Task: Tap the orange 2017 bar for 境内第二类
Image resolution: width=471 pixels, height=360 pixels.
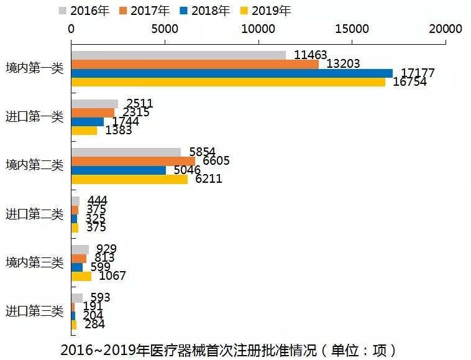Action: click(x=133, y=161)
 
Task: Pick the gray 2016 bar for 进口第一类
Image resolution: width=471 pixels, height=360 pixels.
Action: click(x=94, y=103)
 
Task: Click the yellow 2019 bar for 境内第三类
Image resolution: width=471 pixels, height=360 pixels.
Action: click(x=81, y=276)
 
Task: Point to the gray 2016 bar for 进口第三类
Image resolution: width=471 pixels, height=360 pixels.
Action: click(x=77, y=298)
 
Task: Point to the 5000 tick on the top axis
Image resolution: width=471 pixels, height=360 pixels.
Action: click(x=165, y=29)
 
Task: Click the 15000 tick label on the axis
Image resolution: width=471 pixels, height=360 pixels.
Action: click(x=352, y=29)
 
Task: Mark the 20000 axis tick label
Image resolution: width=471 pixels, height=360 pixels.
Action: click(x=446, y=29)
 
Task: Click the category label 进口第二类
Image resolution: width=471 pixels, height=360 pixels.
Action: click(x=35, y=215)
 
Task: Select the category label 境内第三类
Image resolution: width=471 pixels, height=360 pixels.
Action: click(x=35, y=263)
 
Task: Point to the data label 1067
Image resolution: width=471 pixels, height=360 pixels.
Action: click(x=112, y=276)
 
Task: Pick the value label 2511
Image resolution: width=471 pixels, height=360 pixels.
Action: click(x=139, y=103)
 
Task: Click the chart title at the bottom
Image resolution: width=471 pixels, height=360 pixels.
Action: click(x=229, y=349)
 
